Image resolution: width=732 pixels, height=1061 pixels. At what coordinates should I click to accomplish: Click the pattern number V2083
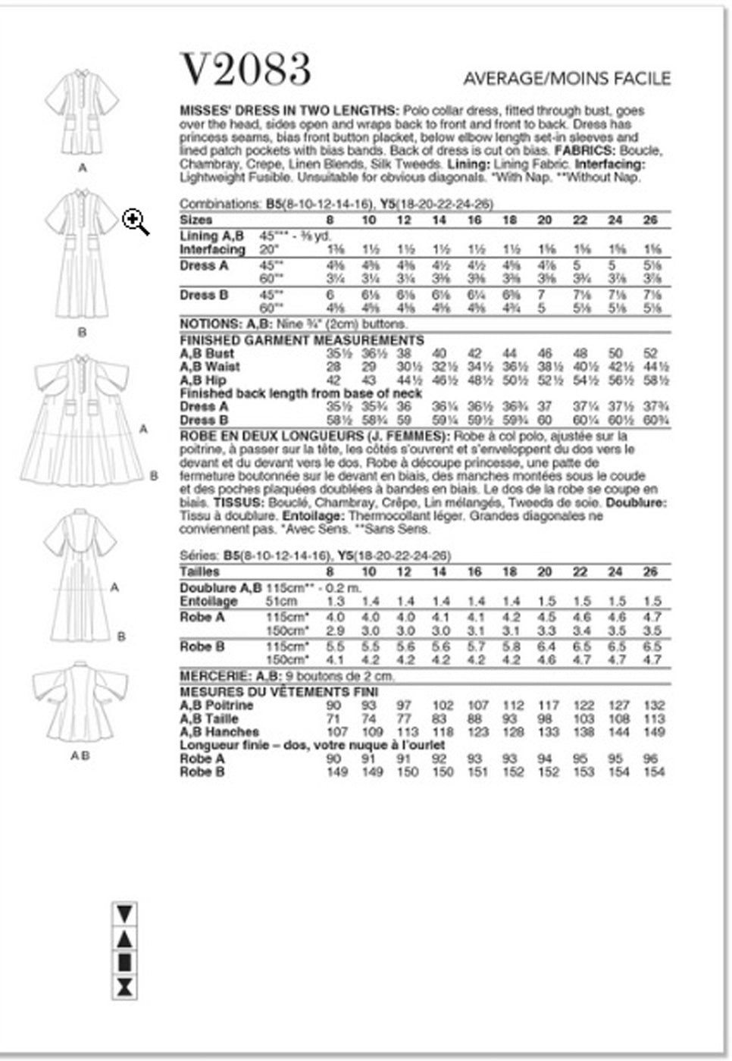(x=246, y=70)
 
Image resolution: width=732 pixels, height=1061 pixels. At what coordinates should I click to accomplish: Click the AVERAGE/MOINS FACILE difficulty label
(x=567, y=78)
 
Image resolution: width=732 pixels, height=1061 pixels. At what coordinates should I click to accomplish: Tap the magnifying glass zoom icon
(x=136, y=222)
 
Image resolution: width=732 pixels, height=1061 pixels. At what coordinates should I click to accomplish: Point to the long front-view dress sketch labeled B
(x=83, y=254)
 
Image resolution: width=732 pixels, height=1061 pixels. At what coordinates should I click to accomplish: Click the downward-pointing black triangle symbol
(x=124, y=913)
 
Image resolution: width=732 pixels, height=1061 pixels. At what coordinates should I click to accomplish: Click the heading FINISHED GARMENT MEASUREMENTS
(x=302, y=340)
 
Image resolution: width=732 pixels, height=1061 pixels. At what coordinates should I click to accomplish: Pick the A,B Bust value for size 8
(x=334, y=354)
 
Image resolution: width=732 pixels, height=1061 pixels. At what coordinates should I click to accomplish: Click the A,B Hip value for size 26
(x=652, y=380)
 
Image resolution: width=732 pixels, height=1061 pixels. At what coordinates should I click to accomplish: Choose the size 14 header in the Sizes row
(x=439, y=220)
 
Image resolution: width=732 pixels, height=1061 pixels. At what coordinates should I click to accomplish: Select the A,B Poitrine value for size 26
(x=653, y=706)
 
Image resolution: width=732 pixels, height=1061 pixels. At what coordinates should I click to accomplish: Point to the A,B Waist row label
(x=210, y=367)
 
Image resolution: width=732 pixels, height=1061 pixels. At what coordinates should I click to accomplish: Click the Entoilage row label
(x=208, y=601)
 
